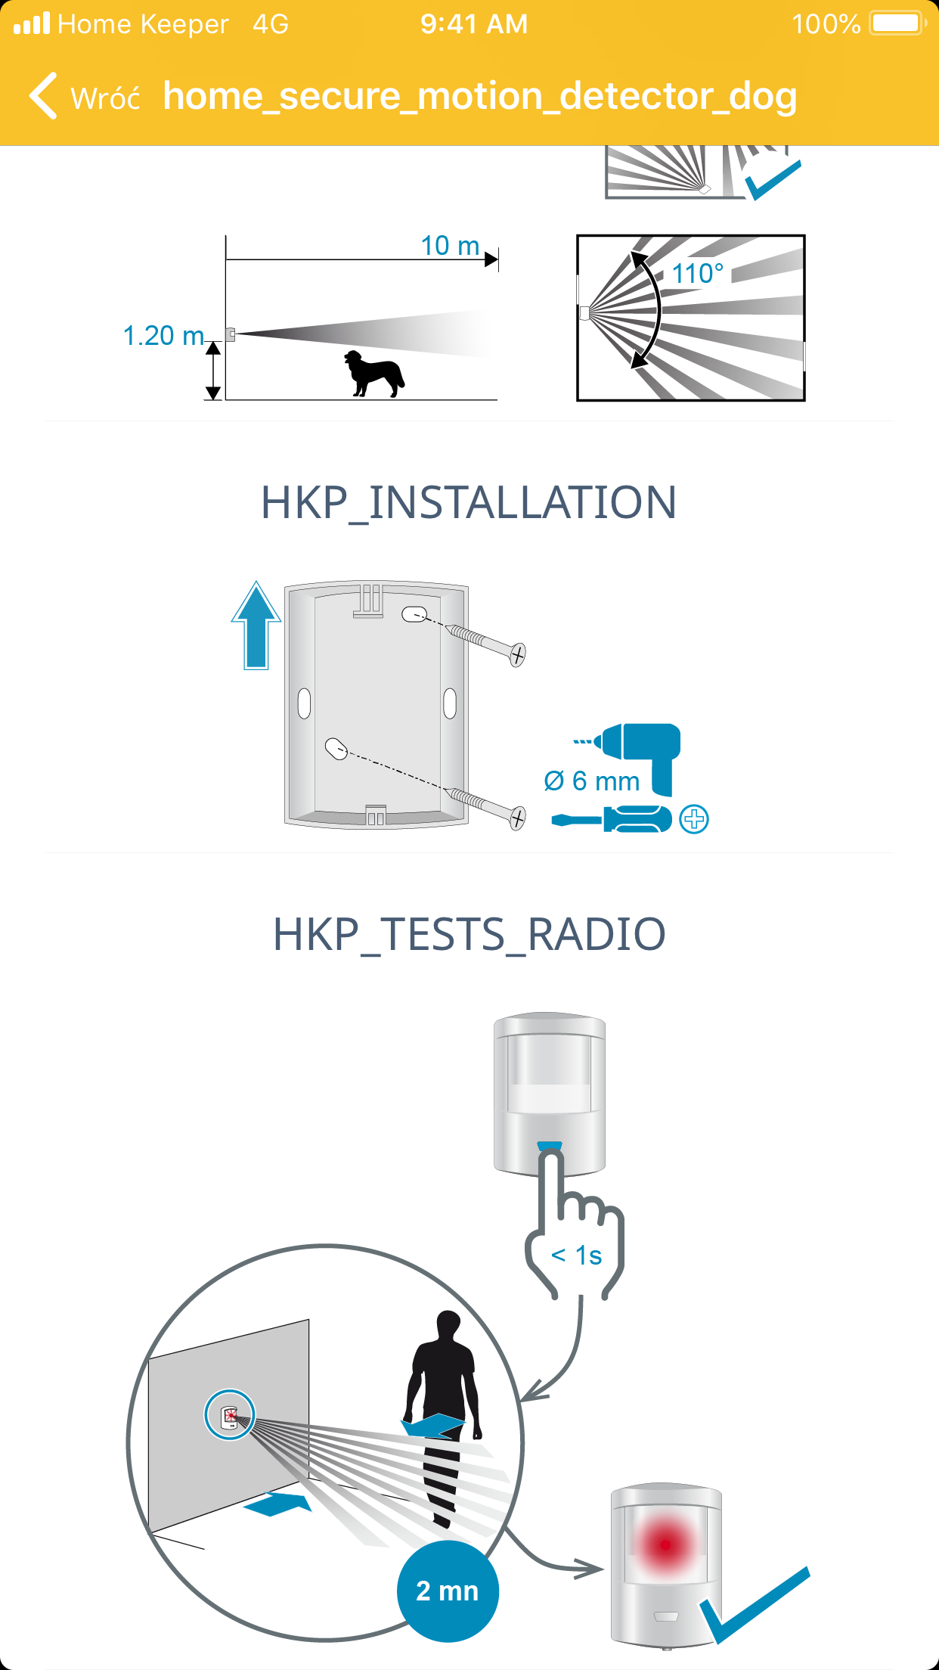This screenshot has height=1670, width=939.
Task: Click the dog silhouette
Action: [x=374, y=373]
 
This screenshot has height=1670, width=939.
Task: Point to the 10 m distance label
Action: [x=450, y=246]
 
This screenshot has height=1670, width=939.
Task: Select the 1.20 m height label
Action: [x=163, y=335]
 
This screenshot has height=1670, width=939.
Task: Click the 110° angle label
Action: [x=697, y=273]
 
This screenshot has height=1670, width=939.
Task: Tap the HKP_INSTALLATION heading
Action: [x=469, y=502]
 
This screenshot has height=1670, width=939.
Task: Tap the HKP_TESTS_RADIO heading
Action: [x=469, y=933]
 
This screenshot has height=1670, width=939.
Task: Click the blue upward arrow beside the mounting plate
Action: [x=256, y=625]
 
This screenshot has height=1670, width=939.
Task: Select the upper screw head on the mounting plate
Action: [x=518, y=654]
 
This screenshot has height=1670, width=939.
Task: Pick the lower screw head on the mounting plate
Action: [x=517, y=818]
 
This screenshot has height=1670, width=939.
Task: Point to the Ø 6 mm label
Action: [x=592, y=781]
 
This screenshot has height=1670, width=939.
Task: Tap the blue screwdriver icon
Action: [x=612, y=819]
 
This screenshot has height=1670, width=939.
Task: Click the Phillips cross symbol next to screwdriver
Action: [x=693, y=819]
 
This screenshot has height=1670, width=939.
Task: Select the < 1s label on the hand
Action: [x=576, y=1256]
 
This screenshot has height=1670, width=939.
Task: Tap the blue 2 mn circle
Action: [x=448, y=1591]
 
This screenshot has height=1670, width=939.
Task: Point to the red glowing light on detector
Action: [x=665, y=1544]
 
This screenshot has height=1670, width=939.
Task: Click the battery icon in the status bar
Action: [x=897, y=23]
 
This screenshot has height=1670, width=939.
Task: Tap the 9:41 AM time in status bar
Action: [x=474, y=24]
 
